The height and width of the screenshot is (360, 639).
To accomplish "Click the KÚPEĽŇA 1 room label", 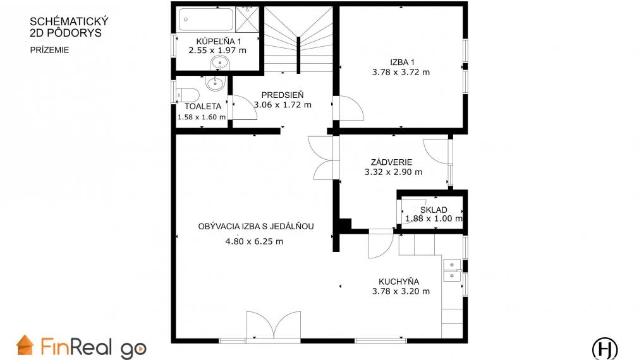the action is (x=219, y=41).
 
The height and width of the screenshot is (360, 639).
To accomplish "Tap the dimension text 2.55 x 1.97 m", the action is (x=217, y=51).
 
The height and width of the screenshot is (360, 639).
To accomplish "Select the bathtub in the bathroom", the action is (x=206, y=20).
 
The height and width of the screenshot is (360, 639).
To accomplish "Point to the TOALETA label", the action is (x=203, y=106).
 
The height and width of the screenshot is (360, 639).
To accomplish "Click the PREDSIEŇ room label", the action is (x=283, y=95).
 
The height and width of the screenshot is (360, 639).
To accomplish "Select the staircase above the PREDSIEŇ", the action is (x=299, y=40).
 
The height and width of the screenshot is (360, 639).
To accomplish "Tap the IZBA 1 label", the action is (x=402, y=63).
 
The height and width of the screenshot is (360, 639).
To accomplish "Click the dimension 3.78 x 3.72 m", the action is (x=401, y=72).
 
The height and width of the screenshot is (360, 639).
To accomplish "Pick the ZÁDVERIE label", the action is (x=392, y=162).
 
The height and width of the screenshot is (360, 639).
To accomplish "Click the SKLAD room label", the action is (x=434, y=210).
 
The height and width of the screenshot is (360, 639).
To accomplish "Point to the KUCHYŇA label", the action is (x=399, y=282).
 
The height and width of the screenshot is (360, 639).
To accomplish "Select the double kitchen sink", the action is (x=452, y=270).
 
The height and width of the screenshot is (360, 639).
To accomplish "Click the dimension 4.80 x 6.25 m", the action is (x=254, y=241).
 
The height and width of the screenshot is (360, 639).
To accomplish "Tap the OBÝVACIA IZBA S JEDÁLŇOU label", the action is (x=256, y=227).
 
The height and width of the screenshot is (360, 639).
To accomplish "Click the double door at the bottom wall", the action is (x=274, y=325).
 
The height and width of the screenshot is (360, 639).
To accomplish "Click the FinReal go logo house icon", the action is (x=25, y=345).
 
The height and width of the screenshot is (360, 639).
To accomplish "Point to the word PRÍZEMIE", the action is (x=50, y=50).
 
